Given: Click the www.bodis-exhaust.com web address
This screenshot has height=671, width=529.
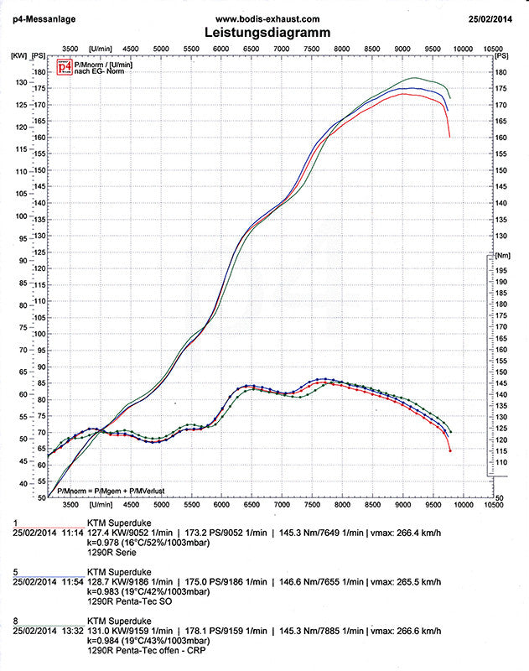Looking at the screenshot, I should tap(267, 18).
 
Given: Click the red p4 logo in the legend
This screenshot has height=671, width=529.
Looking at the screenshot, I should tap(64, 68).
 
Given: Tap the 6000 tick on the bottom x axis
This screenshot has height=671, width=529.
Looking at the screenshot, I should tap(221, 506).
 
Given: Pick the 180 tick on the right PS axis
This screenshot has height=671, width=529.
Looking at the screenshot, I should tap(500, 72).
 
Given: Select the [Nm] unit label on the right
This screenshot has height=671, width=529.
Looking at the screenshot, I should tap(503, 254).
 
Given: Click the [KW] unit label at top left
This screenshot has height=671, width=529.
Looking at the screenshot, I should tap(18, 55).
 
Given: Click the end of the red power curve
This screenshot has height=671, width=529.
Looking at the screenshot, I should tap(450, 137).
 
